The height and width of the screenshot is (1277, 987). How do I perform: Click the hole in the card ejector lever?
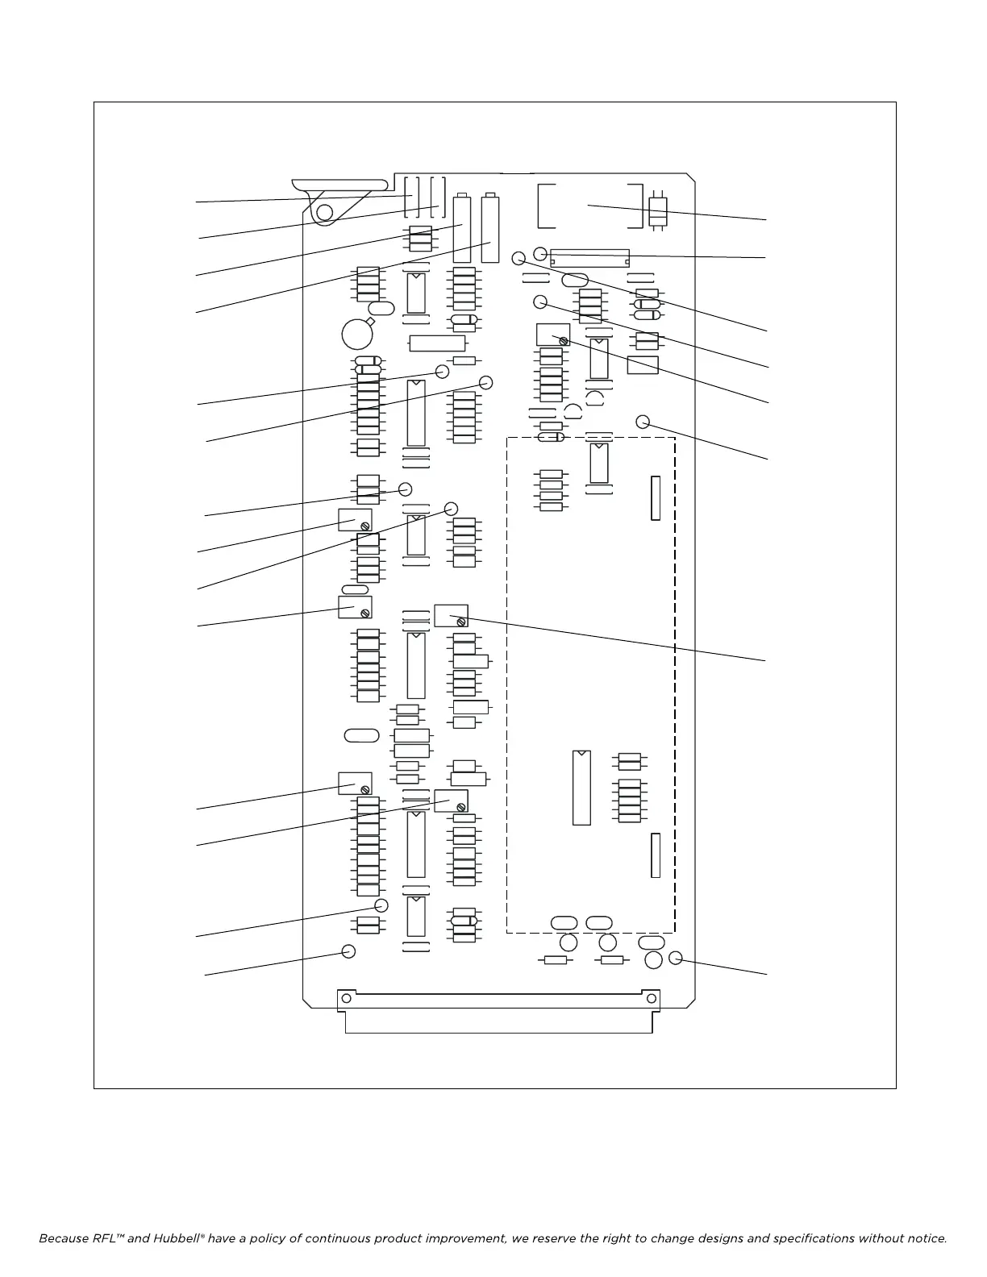[324, 212]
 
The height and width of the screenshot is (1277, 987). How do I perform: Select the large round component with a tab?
[356, 334]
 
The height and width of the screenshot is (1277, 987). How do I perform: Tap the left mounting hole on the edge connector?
[346, 998]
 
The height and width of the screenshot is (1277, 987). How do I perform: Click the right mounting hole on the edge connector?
[651, 998]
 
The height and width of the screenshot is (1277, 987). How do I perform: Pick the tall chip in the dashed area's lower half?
[581, 788]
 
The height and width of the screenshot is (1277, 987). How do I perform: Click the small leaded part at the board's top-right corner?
[658, 211]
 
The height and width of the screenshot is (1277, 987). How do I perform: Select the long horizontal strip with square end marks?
[589, 258]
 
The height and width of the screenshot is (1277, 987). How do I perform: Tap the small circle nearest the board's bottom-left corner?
[348, 951]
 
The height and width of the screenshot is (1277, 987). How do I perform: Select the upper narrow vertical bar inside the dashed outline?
[656, 497]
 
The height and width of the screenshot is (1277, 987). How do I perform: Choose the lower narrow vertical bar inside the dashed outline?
[656, 855]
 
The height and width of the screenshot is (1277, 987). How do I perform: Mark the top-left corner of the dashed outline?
[507, 438]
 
